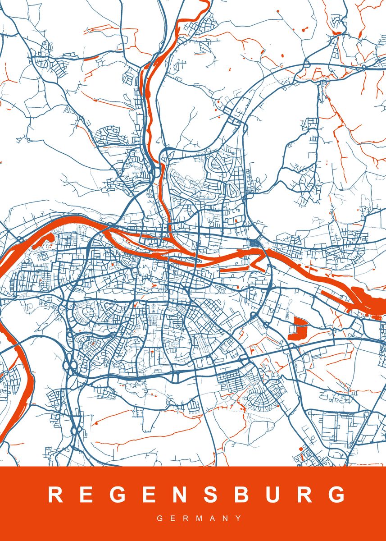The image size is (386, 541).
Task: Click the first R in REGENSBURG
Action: [55, 495]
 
